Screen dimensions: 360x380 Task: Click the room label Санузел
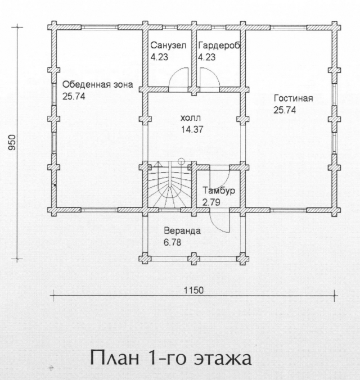[168, 46]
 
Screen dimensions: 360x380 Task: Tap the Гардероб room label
[219, 46]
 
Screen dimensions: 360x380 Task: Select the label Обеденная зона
[98, 84]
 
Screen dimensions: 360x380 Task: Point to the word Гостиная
[293, 98]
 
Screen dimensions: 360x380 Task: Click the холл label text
[191, 118]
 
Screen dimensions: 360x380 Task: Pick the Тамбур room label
[219, 191]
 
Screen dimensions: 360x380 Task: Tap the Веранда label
[182, 230]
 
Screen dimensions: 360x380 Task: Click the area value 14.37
[192, 129]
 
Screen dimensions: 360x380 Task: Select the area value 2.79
[211, 202]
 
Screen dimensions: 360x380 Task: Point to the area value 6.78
[173, 242]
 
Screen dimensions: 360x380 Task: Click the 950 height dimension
[12, 143]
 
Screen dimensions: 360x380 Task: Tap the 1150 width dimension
[193, 290]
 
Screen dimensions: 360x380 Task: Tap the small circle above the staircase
[181, 161]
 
